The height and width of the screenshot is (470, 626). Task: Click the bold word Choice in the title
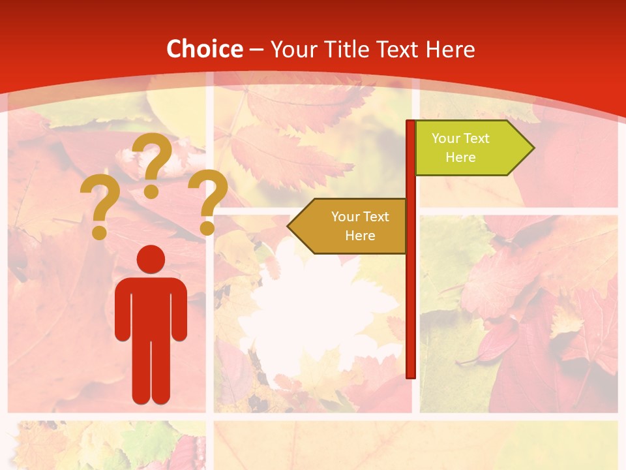click(204, 50)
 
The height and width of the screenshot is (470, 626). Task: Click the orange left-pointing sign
click(352, 226)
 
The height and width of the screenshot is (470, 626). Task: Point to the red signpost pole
click(411, 294)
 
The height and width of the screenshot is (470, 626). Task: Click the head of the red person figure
click(151, 259)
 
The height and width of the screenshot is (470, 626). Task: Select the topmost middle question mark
click(153, 164)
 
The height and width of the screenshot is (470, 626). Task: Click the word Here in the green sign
click(460, 157)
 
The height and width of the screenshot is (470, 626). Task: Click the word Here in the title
click(450, 50)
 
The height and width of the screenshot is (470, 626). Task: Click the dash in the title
click(256, 50)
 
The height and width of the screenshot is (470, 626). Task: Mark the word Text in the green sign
click(476, 138)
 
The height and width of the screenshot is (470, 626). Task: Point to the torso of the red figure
click(151, 307)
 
